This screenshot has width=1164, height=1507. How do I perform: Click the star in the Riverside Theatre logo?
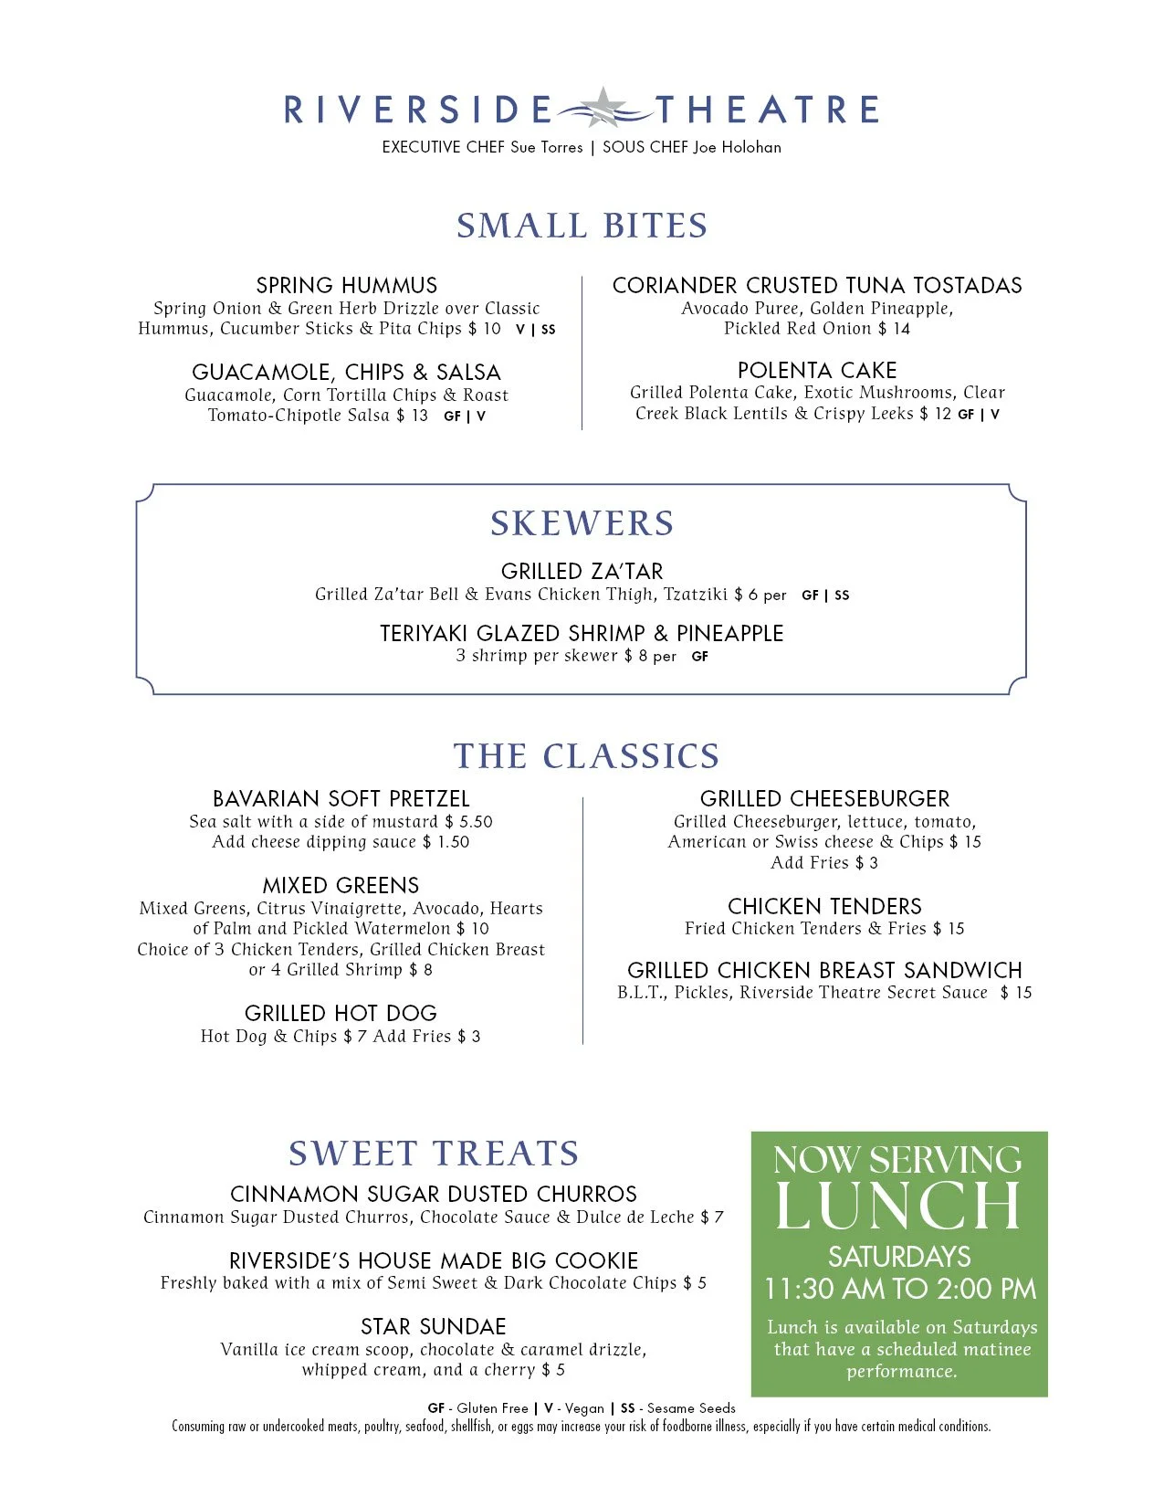click(x=603, y=107)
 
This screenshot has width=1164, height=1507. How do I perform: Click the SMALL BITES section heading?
click(x=582, y=226)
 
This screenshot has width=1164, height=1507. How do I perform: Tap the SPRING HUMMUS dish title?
click(x=346, y=285)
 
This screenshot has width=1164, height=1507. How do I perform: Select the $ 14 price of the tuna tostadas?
click(x=895, y=329)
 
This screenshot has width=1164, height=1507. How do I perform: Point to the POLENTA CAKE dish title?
click(x=817, y=370)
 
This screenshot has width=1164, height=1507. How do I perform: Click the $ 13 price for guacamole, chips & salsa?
click(x=413, y=416)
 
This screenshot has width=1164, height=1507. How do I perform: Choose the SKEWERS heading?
click(x=582, y=523)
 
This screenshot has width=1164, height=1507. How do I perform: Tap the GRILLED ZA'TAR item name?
click(x=582, y=572)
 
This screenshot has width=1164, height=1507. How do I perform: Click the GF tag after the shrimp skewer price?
click(x=700, y=657)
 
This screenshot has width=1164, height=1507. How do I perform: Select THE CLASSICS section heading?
click(x=586, y=756)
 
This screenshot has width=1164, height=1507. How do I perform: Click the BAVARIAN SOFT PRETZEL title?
click(x=341, y=799)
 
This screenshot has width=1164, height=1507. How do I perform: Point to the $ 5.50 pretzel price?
click(x=469, y=822)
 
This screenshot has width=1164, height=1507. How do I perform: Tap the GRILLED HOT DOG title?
click(x=341, y=1013)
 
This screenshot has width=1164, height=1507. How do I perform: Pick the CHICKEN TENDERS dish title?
click(x=824, y=906)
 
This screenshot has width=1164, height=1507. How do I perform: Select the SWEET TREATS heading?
click(x=434, y=1154)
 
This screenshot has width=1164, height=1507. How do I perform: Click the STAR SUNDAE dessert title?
click(x=433, y=1326)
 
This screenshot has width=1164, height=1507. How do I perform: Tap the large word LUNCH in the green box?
click(x=898, y=1207)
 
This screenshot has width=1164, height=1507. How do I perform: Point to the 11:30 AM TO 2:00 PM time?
click(x=900, y=1289)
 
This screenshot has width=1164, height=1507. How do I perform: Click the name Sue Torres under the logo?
click(x=546, y=147)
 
